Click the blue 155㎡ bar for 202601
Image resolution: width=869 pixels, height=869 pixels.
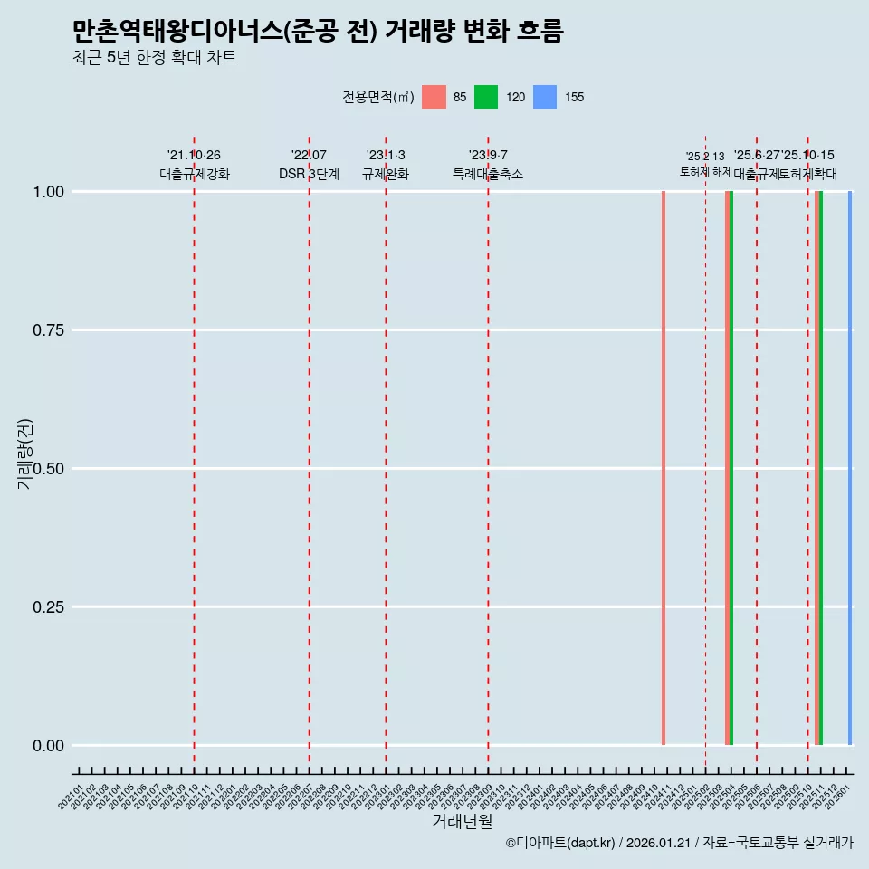850,468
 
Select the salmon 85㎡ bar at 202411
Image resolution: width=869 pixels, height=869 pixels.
664,468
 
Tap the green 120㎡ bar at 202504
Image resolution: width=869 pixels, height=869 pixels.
731,468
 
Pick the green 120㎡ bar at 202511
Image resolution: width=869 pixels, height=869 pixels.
821,468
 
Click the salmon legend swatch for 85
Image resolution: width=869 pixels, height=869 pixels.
434,97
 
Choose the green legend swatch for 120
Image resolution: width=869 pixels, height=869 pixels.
486,97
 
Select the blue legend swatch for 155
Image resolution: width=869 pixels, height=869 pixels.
545,97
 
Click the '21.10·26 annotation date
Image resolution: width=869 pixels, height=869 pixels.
194,156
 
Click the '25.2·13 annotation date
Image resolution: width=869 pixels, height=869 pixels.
705,157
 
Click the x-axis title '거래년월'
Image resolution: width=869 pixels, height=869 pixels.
463,822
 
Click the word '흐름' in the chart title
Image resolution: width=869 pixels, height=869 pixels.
540,32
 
